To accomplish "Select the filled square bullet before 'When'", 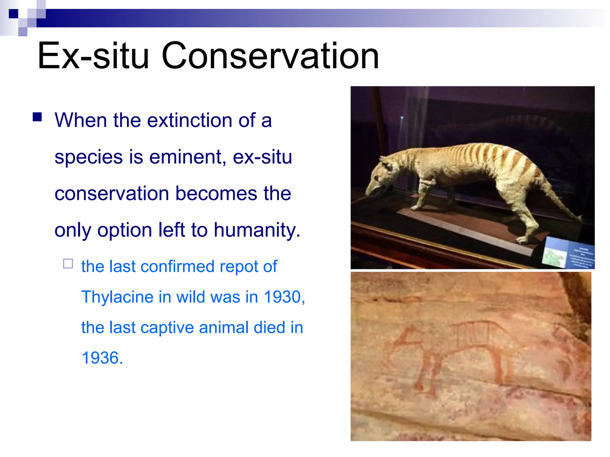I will [x=37, y=117].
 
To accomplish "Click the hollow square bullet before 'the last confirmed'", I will [x=68, y=264].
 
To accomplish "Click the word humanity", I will [x=257, y=230].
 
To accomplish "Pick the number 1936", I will [x=102, y=358].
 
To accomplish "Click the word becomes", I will [x=216, y=193].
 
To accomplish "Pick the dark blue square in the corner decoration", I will [x=13, y=14].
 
